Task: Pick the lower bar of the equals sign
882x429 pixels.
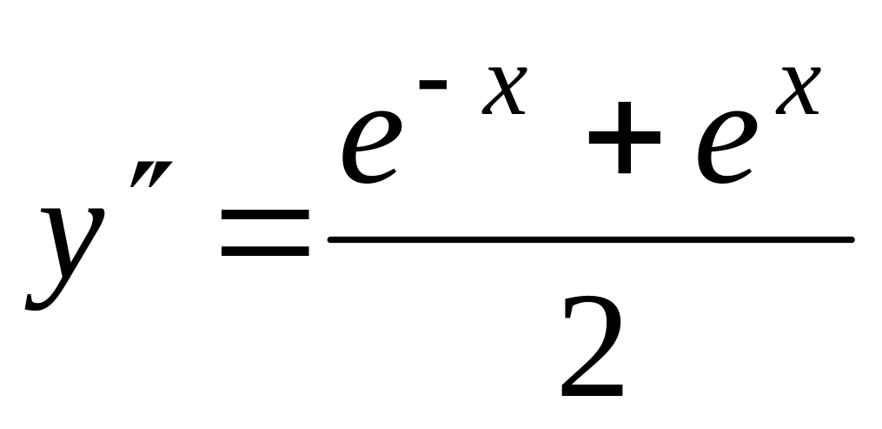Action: click(x=264, y=253)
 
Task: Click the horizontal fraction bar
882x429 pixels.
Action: click(x=591, y=238)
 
